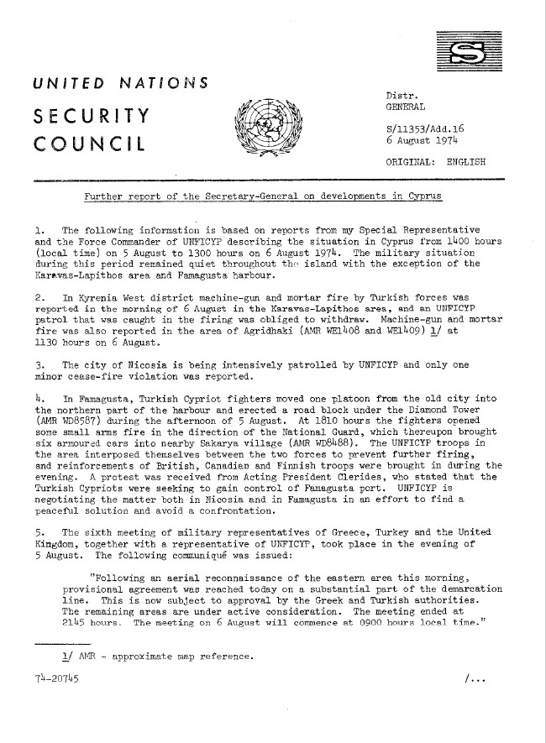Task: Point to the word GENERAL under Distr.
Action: (405, 107)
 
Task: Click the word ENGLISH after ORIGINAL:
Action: (466, 160)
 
